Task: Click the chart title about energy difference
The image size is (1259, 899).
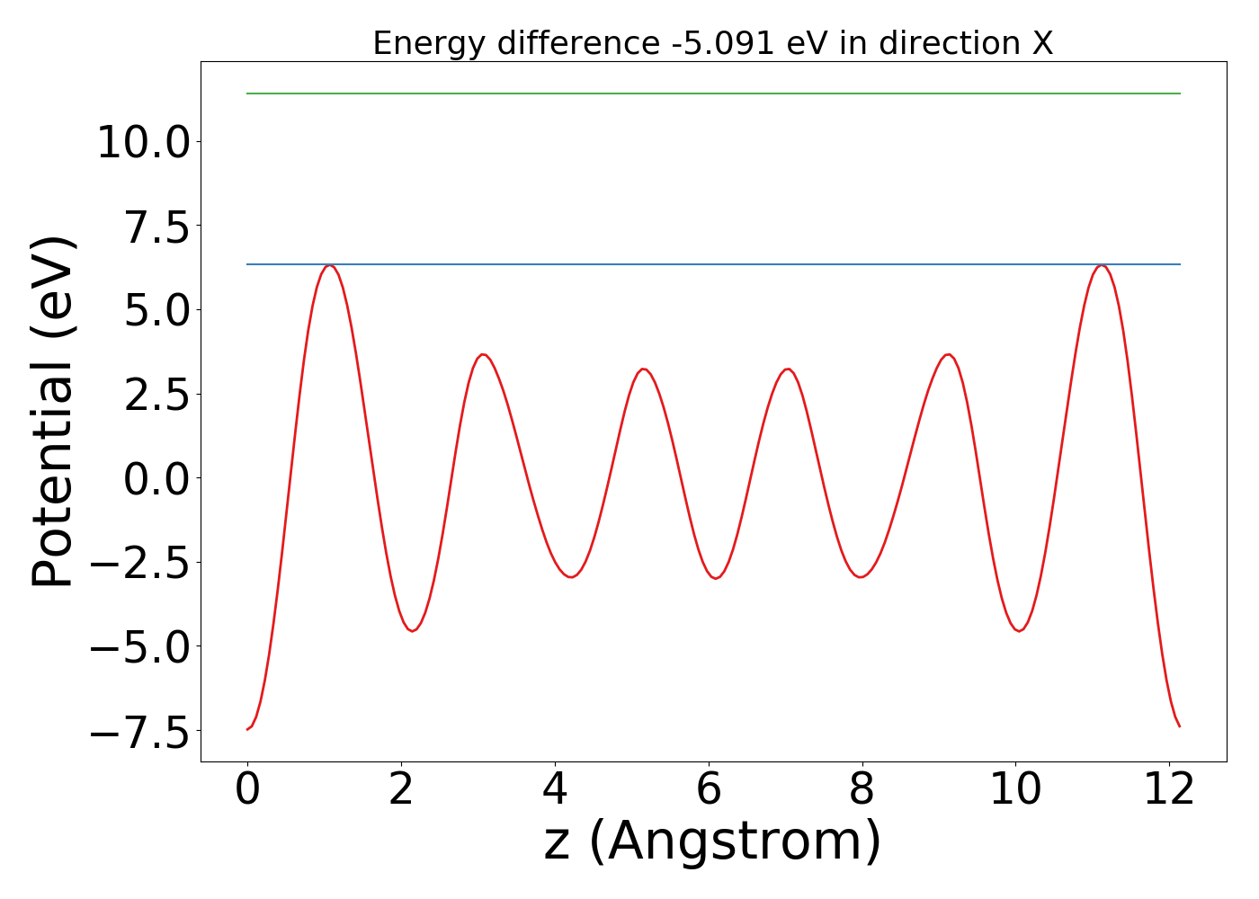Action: pyautogui.click(x=712, y=43)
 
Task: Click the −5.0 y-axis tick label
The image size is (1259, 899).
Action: pyautogui.click(x=140, y=646)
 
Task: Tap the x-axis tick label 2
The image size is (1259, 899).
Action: pyautogui.click(x=401, y=789)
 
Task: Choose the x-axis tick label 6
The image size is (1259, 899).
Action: pyautogui.click(x=709, y=789)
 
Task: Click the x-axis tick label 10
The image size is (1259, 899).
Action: pyautogui.click(x=1015, y=789)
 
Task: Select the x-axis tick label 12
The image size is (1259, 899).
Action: pyautogui.click(x=1169, y=789)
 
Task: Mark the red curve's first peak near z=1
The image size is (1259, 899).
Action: pyautogui.click(x=330, y=266)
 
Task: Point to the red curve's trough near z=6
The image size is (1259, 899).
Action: pyautogui.click(x=716, y=578)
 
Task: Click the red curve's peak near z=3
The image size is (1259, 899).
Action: pyautogui.click(x=484, y=354)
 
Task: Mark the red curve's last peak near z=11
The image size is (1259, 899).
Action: pyautogui.click(x=1100, y=266)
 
